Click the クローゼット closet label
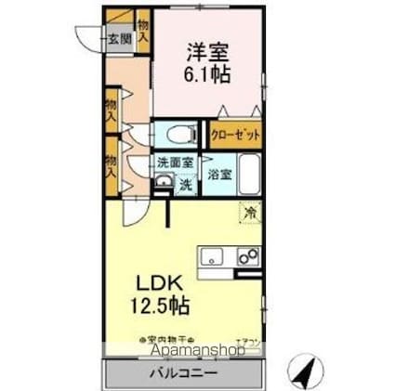point(235,134)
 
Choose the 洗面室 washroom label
point(174,163)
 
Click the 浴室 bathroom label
point(220,174)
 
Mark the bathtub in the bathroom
point(249,174)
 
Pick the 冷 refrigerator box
point(248,213)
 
